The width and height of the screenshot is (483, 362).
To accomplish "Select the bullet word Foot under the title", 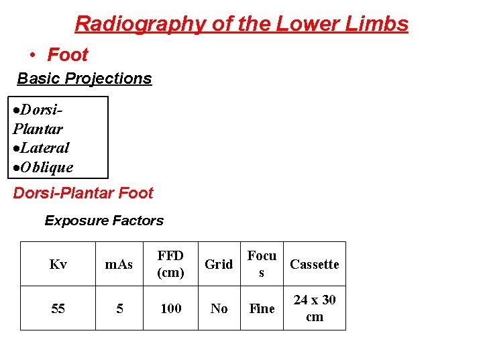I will coord(67,54).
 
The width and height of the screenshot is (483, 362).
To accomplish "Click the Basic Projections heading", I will coord(85,78).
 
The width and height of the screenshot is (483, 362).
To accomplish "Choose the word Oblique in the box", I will coord(46,167).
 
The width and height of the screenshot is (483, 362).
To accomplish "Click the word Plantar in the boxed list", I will coord(38,129).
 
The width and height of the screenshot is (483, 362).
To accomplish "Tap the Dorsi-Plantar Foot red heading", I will coord(83,193).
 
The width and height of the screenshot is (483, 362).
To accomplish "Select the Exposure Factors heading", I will coord(104,221).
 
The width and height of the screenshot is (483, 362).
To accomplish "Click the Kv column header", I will coord(58,264).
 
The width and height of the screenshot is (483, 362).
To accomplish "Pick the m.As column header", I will coord(119,264).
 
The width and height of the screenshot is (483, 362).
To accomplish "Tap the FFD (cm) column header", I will coord(170,264).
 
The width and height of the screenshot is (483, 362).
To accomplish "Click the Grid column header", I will coord(219,264).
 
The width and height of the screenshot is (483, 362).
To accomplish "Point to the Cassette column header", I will coord(314,264).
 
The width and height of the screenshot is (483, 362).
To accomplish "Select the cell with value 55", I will coord(58,308).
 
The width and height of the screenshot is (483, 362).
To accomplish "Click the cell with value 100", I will coord(170,308).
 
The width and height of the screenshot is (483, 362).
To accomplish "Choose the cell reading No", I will coord(219,308).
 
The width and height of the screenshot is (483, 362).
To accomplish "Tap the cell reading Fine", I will coord(262,308).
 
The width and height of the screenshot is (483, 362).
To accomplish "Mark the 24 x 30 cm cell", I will coord(314,308).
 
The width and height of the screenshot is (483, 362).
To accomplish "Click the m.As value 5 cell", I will coord(119,308).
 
